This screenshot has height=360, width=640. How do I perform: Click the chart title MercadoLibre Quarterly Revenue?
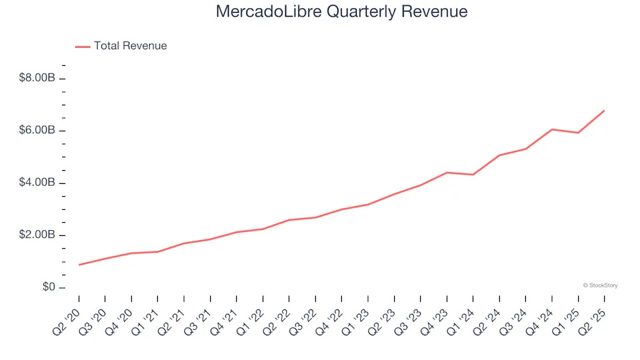click(341, 12)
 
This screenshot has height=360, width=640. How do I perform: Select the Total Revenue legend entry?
click(130, 46)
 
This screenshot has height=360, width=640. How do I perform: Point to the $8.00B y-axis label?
click(37, 78)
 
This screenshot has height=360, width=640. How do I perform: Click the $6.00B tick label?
click(37, 131)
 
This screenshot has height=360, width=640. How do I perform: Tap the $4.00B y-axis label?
click(37, 183)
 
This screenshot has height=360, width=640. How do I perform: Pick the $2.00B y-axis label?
click(37, 235)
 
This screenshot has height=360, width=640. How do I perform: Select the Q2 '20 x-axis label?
click(69, 317)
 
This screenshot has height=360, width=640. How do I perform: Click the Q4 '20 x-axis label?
click(121, 317)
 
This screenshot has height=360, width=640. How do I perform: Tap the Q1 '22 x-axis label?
click(253, 317)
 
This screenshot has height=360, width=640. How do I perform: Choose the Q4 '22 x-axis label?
click(331, 317)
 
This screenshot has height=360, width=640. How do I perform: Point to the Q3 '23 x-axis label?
click(410, 317)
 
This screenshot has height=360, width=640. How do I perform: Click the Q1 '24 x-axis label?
click(463, 317)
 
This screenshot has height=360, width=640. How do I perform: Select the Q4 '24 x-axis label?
click(541, 317)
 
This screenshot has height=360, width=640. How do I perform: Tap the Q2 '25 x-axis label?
click(594, 317)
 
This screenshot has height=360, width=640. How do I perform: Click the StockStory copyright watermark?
click(600, 285)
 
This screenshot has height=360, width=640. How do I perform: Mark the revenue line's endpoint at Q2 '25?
click(604, 111)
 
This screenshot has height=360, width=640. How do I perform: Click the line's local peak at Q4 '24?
click(552, 129)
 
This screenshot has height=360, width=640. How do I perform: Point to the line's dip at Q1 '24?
click(473, 175)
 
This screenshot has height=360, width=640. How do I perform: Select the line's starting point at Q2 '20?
click(79, 265)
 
